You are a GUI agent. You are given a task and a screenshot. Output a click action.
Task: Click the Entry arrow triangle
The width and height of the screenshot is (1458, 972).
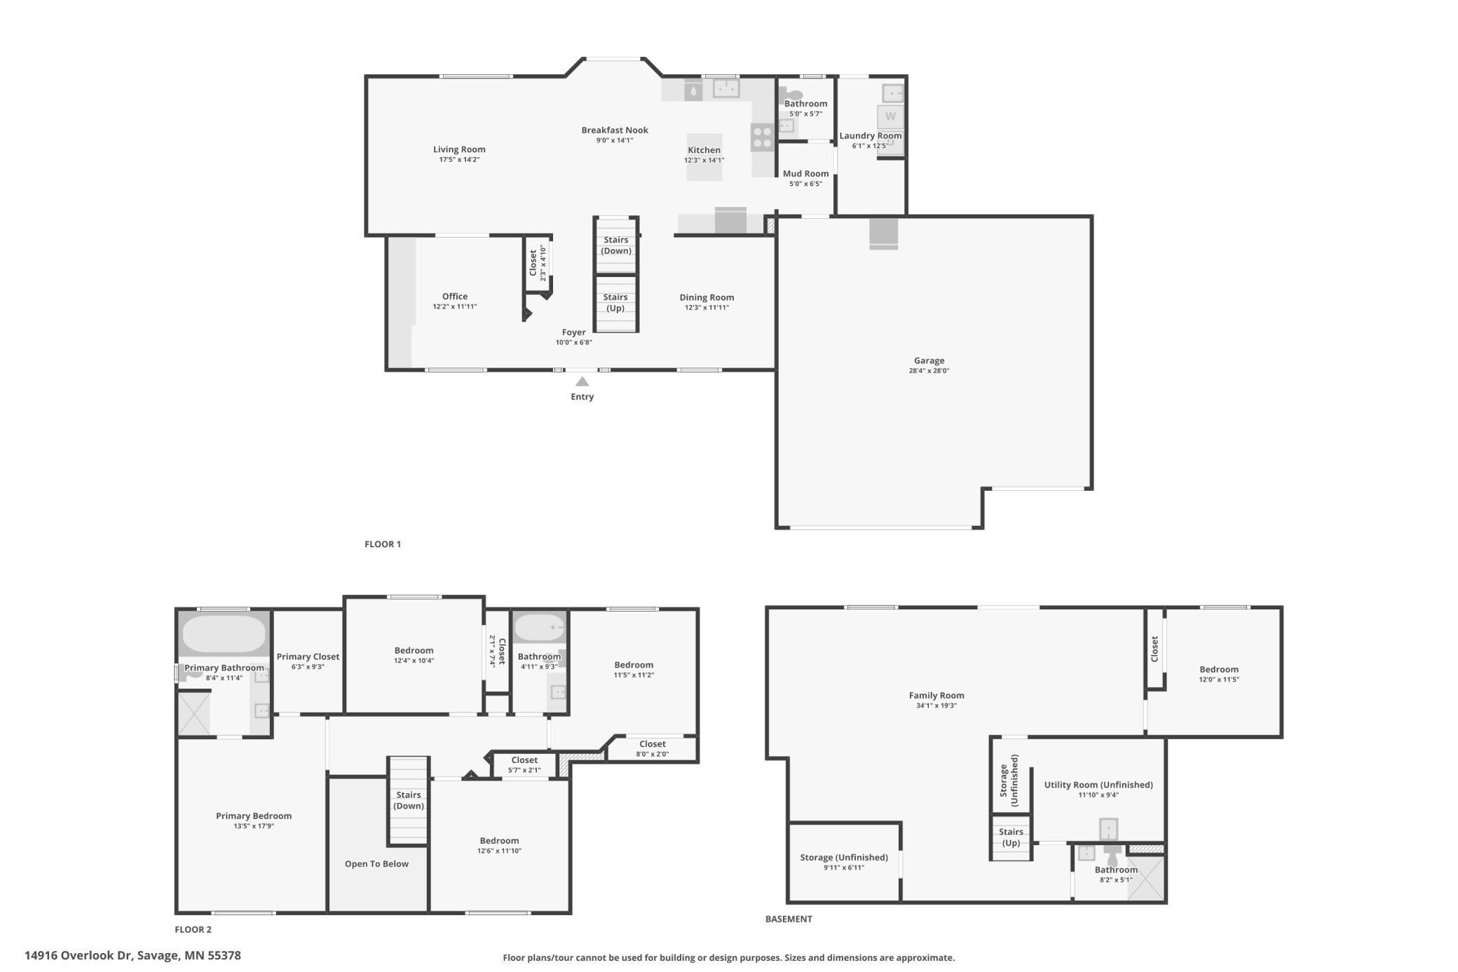click(x=582, y=382)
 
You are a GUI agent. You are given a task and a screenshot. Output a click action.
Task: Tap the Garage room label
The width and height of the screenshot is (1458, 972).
click(x=929, y=360)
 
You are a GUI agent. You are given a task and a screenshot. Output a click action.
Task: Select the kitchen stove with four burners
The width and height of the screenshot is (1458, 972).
click(x=762, y=137)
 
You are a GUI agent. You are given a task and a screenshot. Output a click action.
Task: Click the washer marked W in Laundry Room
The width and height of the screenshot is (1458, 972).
click(x=890, y=116)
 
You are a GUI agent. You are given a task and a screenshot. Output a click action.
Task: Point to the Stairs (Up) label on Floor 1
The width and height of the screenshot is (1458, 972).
click(x=615, y=302)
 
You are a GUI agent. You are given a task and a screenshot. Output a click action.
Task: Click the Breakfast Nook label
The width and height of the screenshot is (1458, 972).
click(x=615, y=130)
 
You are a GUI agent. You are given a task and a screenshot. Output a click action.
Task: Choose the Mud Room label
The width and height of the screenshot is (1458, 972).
click(x=805, y=173)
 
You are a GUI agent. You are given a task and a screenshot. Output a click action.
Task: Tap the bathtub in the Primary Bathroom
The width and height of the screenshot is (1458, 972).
click(x=224, y=634)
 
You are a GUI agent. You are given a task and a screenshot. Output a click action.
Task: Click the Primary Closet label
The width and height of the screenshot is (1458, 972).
click(x=308, y=656)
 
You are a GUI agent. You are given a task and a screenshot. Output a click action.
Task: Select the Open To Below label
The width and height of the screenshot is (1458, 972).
click(x=376, y=863)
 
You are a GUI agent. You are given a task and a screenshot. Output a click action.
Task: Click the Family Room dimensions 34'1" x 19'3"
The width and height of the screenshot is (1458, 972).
click(x=936, y=706)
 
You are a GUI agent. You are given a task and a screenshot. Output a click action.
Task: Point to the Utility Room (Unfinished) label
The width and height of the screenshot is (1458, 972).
click(x=1098, y=785)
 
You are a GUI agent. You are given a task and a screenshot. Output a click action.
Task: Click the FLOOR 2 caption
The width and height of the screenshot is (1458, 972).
click(x=193, y=929)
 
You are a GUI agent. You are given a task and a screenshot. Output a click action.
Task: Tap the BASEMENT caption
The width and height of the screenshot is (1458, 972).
click(x=789, y=919)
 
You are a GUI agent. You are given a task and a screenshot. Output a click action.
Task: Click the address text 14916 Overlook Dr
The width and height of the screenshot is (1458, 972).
click(x=79, y=955)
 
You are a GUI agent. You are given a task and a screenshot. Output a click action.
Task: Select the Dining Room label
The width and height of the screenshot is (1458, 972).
click(x=707, y=297)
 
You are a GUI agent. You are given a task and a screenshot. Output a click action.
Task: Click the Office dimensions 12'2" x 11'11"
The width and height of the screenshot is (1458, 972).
click(x=455, y=306)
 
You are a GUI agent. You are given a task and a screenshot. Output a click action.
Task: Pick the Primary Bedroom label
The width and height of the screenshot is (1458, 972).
click(x=254, y=816)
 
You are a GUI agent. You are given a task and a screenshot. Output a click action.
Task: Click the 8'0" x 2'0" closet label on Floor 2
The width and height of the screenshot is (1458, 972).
click(x=652, y=754)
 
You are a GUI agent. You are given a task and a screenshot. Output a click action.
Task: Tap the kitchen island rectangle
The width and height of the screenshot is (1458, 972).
click(x=704, y=157)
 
